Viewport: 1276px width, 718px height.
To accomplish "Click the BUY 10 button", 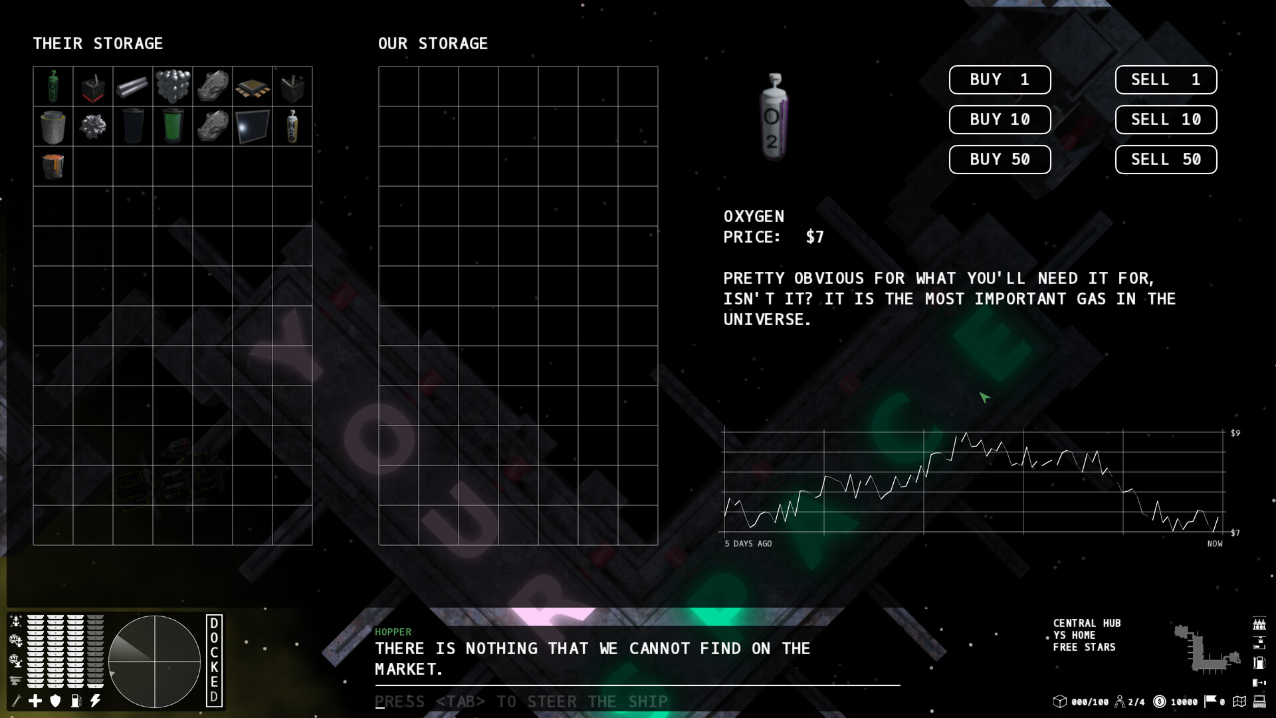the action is coord(1000,120).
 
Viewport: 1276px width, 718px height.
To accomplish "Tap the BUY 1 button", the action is coord(1000,80).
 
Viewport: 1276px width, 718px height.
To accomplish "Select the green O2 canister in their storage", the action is coord(53,86).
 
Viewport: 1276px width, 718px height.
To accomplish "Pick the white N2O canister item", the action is coord(292,126).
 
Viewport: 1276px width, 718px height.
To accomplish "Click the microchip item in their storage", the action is coord(253,88).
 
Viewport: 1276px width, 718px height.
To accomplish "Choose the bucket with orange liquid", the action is coord(53,166).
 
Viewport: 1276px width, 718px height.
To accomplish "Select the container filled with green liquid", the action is coord(173,126).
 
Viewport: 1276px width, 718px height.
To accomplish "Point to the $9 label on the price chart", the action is coord(1235,433).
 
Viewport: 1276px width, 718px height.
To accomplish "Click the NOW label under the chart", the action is coord(1215,544).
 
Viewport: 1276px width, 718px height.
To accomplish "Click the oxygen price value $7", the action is coord(815,237).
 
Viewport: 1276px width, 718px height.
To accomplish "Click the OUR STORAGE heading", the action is coord(433,44).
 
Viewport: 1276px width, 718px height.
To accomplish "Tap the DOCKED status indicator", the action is coord(214,660).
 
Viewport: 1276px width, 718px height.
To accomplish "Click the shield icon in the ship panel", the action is coord(56,701).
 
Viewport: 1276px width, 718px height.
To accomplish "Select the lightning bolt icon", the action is coord(96,701).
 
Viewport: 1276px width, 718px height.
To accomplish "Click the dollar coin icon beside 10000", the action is coord(1160,701).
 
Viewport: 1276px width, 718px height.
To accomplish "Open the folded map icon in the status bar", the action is coord(1239,701).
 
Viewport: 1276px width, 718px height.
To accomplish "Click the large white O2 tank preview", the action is coord(774,117).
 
